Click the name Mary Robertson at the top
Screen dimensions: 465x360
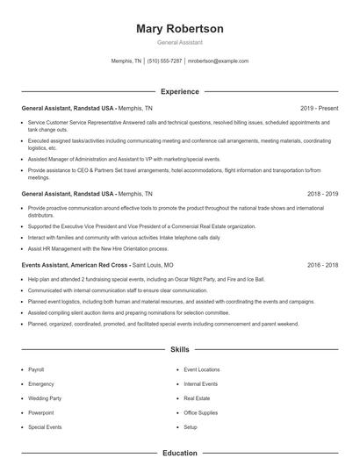(x=180, y=29)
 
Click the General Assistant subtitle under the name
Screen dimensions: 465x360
(x=180, y=43)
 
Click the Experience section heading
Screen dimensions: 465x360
(x=180, y=91)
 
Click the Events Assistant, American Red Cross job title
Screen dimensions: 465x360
(x=74, y=264)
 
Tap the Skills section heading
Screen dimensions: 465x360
(x=180, y=349)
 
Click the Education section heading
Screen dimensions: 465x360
(x=180, y=454)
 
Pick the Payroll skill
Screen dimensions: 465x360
(x=36, y=370)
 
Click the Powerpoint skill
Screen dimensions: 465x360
(x=40, y=412)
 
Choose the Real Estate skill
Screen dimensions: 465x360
(x=198, y=398)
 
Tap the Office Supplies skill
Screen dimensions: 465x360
(x=201, y=412)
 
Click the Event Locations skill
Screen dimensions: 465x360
(x=202, y=370)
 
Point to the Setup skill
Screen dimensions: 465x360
(x=191, y=426)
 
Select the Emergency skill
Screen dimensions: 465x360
(x=40, y=384)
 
